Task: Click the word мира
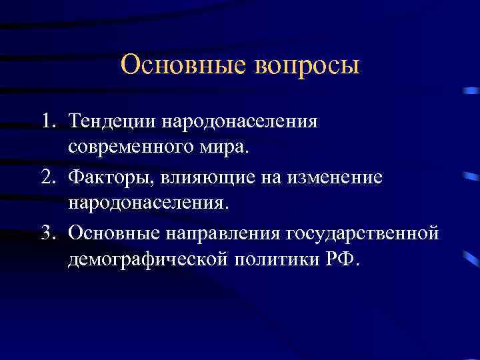[x=227, y=146]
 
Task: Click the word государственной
[x=363, y=232]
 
